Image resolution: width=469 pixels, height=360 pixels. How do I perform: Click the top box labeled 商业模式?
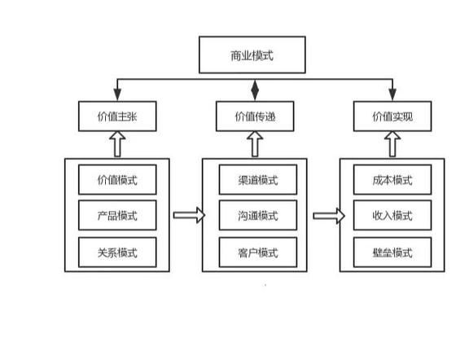pos(253,55)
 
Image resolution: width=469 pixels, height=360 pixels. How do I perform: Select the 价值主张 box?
pos(116,116)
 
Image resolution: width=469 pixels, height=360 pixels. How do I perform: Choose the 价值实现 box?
pos(392,116)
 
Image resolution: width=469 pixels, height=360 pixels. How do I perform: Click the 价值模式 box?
pos(116,180)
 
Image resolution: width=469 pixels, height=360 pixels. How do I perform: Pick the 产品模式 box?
pos(116,216)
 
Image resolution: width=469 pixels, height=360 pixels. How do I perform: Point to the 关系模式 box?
pos(116,252)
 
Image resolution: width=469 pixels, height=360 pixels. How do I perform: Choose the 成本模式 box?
pos(392,180)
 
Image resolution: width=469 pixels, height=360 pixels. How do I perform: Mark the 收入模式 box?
pos(392,216)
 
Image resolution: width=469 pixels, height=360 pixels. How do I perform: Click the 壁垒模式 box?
pos(392,252)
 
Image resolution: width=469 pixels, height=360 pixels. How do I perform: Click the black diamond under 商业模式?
pos(253,87)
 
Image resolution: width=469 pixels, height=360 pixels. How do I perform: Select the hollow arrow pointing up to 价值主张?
pos(116,145)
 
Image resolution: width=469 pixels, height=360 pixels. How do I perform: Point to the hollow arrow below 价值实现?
pos(392,145)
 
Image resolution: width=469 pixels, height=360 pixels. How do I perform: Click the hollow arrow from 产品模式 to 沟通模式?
pos(186,216)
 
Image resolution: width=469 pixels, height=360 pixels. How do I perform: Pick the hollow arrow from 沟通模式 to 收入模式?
pos(325,216)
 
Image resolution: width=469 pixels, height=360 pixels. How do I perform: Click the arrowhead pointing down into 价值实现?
pos(392,96)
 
